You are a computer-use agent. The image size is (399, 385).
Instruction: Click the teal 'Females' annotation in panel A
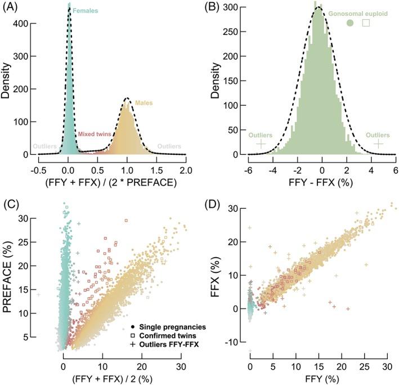84,11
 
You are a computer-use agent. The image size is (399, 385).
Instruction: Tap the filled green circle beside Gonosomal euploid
350,23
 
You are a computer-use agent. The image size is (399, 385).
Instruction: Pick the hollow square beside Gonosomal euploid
366,23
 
